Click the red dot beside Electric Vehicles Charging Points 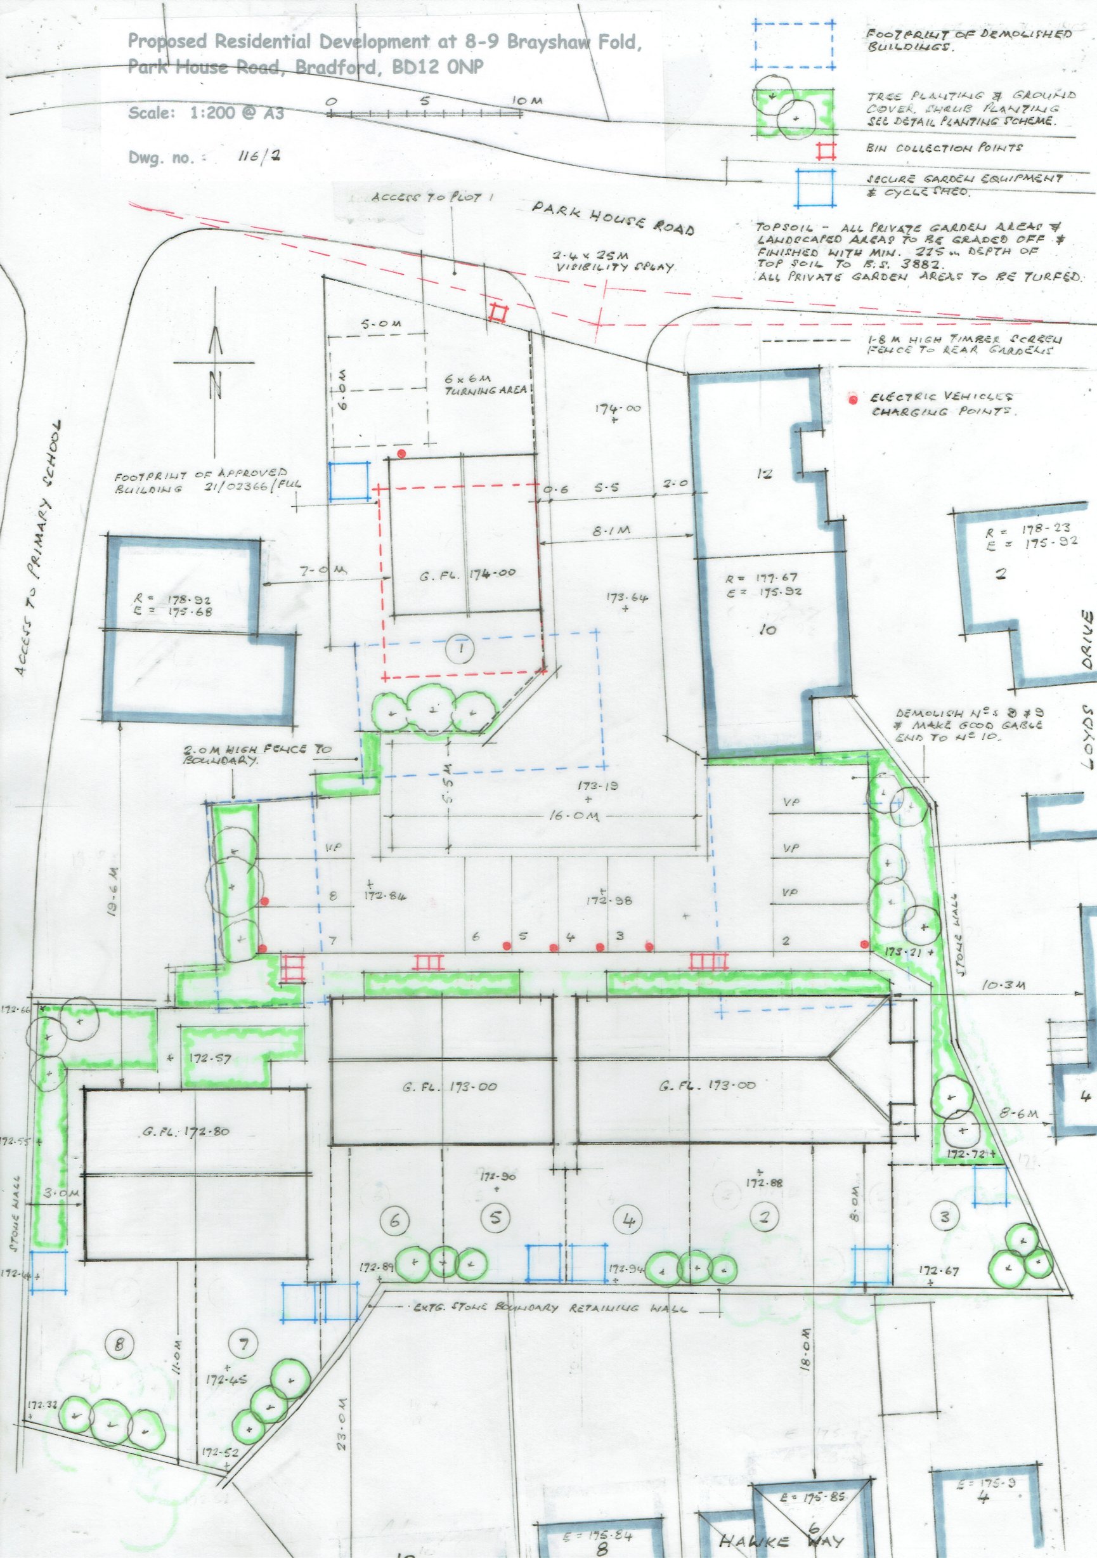click(x=853, y=400)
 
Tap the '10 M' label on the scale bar click(x=527, y=101)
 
